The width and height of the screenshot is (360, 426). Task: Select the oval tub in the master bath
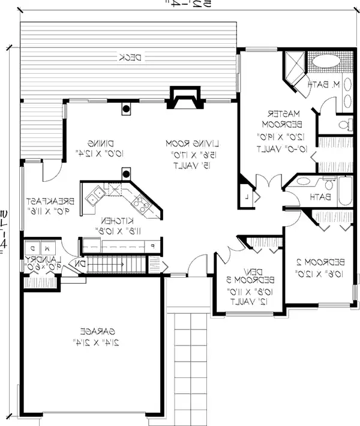click(x=327, y=61)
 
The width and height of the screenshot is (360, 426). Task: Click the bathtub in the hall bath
click(x=344, y=194)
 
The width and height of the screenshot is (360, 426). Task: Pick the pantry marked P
click(x=152, y=246)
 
